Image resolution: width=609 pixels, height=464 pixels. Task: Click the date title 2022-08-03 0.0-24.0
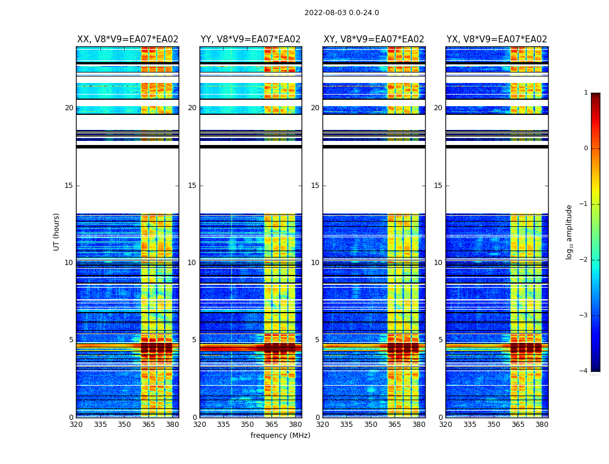(342, 13)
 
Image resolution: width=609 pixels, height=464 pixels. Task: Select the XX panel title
(128, 39)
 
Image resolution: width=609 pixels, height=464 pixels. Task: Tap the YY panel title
(251, 39)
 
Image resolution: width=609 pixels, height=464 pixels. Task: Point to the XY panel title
(374, 39)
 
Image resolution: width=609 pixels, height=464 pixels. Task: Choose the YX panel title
(497, 39)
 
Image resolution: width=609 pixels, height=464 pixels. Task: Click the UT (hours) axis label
(56, 231)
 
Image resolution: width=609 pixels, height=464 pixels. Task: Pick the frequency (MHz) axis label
(280, 436)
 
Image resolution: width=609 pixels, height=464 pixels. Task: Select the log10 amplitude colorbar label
(570, 231)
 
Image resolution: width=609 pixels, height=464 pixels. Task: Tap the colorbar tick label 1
(585, 93)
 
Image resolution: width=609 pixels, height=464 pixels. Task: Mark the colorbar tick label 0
(585, 148)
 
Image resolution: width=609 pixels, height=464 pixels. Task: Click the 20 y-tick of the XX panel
(69, 108)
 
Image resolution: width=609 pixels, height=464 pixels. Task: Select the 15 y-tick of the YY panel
(192, 186)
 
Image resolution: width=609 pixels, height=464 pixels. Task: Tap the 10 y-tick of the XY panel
(315, 263)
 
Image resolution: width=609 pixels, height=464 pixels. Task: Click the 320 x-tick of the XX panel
(76, 425)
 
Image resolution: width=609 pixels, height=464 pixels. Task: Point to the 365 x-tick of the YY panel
(271, 425)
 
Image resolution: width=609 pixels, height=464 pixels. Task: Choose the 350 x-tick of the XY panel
(371, 425)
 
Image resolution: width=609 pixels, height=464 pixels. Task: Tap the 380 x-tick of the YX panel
(542, 425)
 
